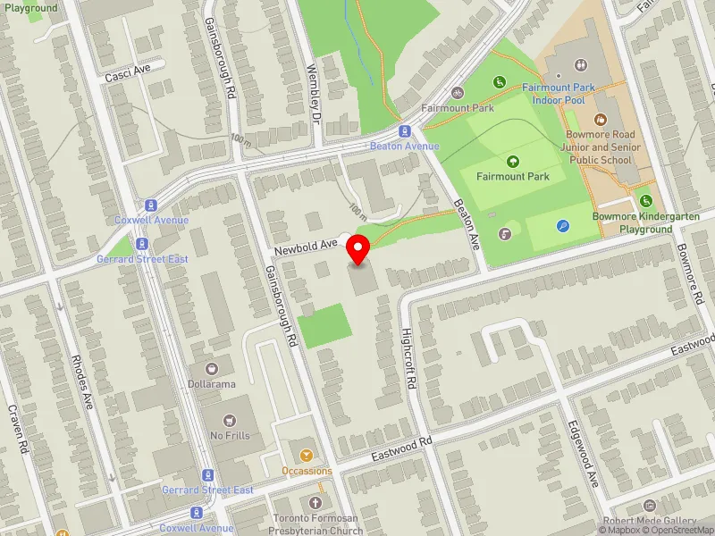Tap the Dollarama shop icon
[x=212, y=368]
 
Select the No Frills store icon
[x=230, y=420]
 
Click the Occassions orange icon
[x=307, y=456]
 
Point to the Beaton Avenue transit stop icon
[x=405, y=130]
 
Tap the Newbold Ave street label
[x=306, y=244]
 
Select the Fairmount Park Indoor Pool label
[x=559, y=94]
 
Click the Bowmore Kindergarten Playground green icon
[x=646, y=200]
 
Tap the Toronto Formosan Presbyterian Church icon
[x=315, y=503]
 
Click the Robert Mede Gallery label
[x=649, y=521]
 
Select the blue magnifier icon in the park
[x=562, y=227]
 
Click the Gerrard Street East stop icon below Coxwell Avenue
[x=141, y=244]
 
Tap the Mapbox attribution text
[x=619, y=530]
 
